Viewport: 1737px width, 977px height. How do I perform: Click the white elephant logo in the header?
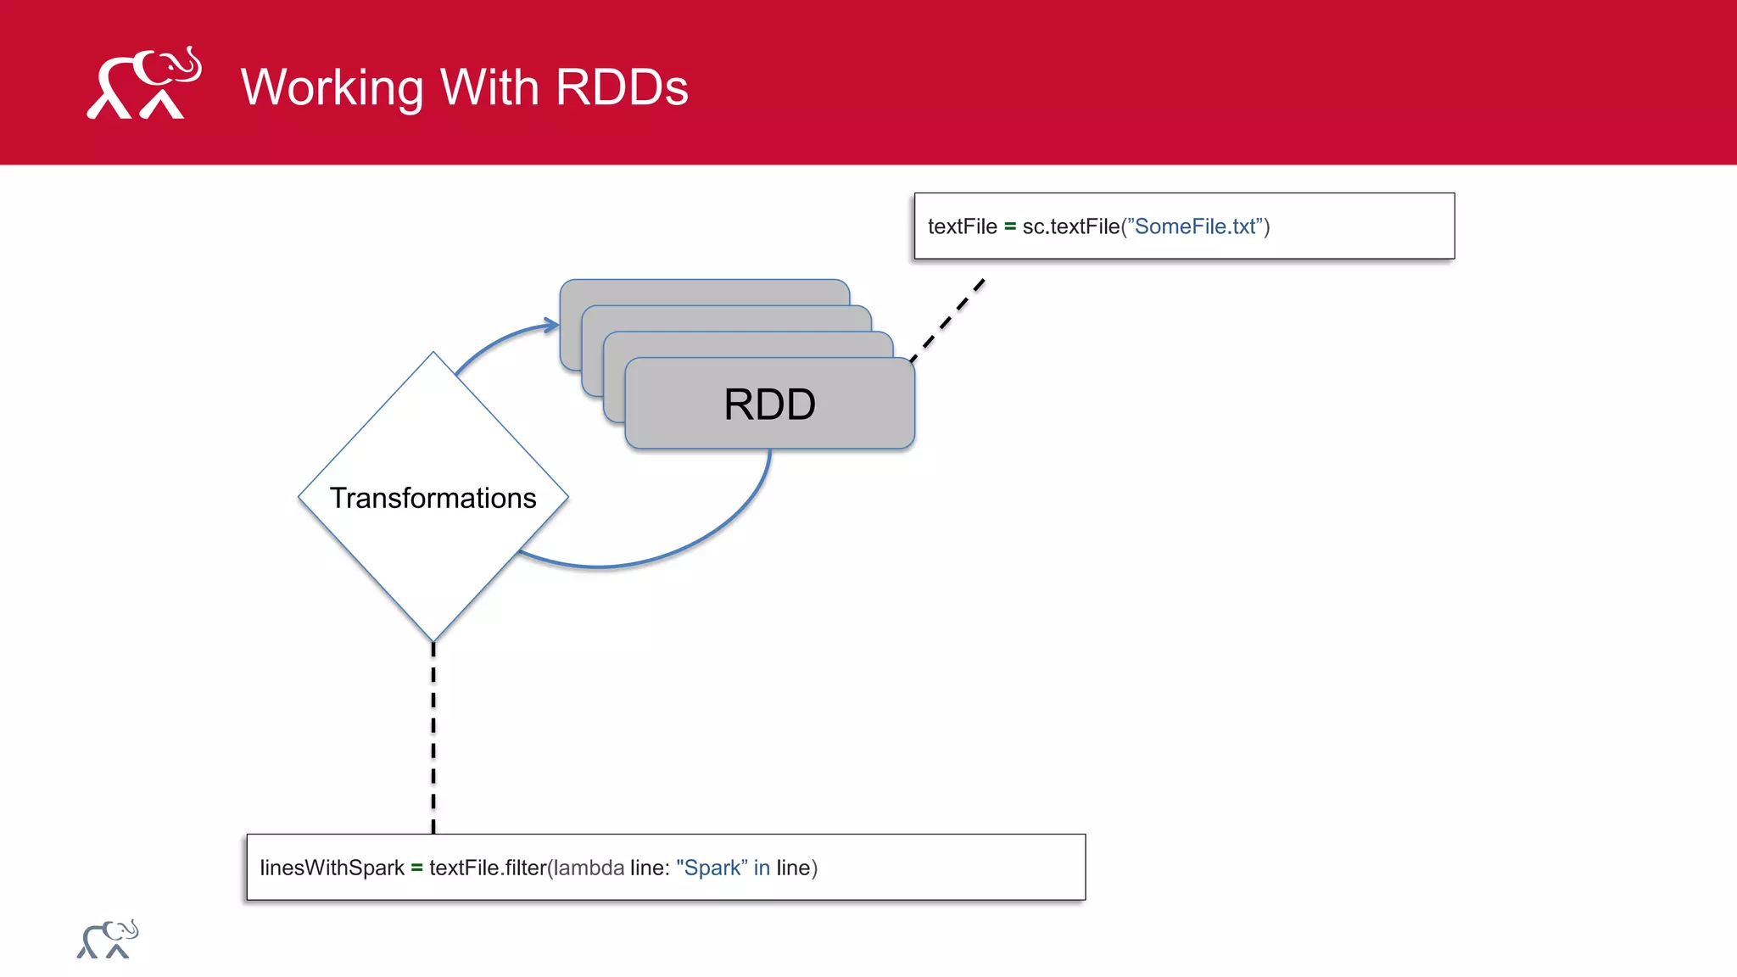[144, 84]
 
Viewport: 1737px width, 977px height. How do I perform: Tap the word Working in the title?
[332, 88]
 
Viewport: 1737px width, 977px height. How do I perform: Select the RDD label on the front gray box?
[769, 405]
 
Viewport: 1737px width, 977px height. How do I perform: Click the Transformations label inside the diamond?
[433, 498]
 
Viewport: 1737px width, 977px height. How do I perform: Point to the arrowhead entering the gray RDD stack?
[551, 324]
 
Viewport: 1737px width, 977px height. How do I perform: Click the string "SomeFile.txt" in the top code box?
[1195, 226]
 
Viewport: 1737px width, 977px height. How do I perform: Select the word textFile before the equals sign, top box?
[962, 226]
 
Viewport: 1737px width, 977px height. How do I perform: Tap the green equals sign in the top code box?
[1009, 226]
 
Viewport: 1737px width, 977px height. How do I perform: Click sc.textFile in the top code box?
[1070, 226]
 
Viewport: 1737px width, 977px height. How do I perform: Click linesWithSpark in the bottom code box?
[332, 868]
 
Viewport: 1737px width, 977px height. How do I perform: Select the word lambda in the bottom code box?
[589, 868]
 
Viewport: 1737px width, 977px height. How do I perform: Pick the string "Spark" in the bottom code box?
[711, 868]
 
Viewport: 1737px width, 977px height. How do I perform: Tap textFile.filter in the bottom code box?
[488, 868]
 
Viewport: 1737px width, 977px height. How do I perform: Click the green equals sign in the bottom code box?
[416, 868]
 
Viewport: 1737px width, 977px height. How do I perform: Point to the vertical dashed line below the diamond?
[433, 738]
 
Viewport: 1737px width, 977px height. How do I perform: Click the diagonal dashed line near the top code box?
[948, 320]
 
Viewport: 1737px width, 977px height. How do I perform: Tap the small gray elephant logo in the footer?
[108, 940]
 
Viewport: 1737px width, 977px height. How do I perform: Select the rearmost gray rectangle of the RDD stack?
[704, 291]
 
